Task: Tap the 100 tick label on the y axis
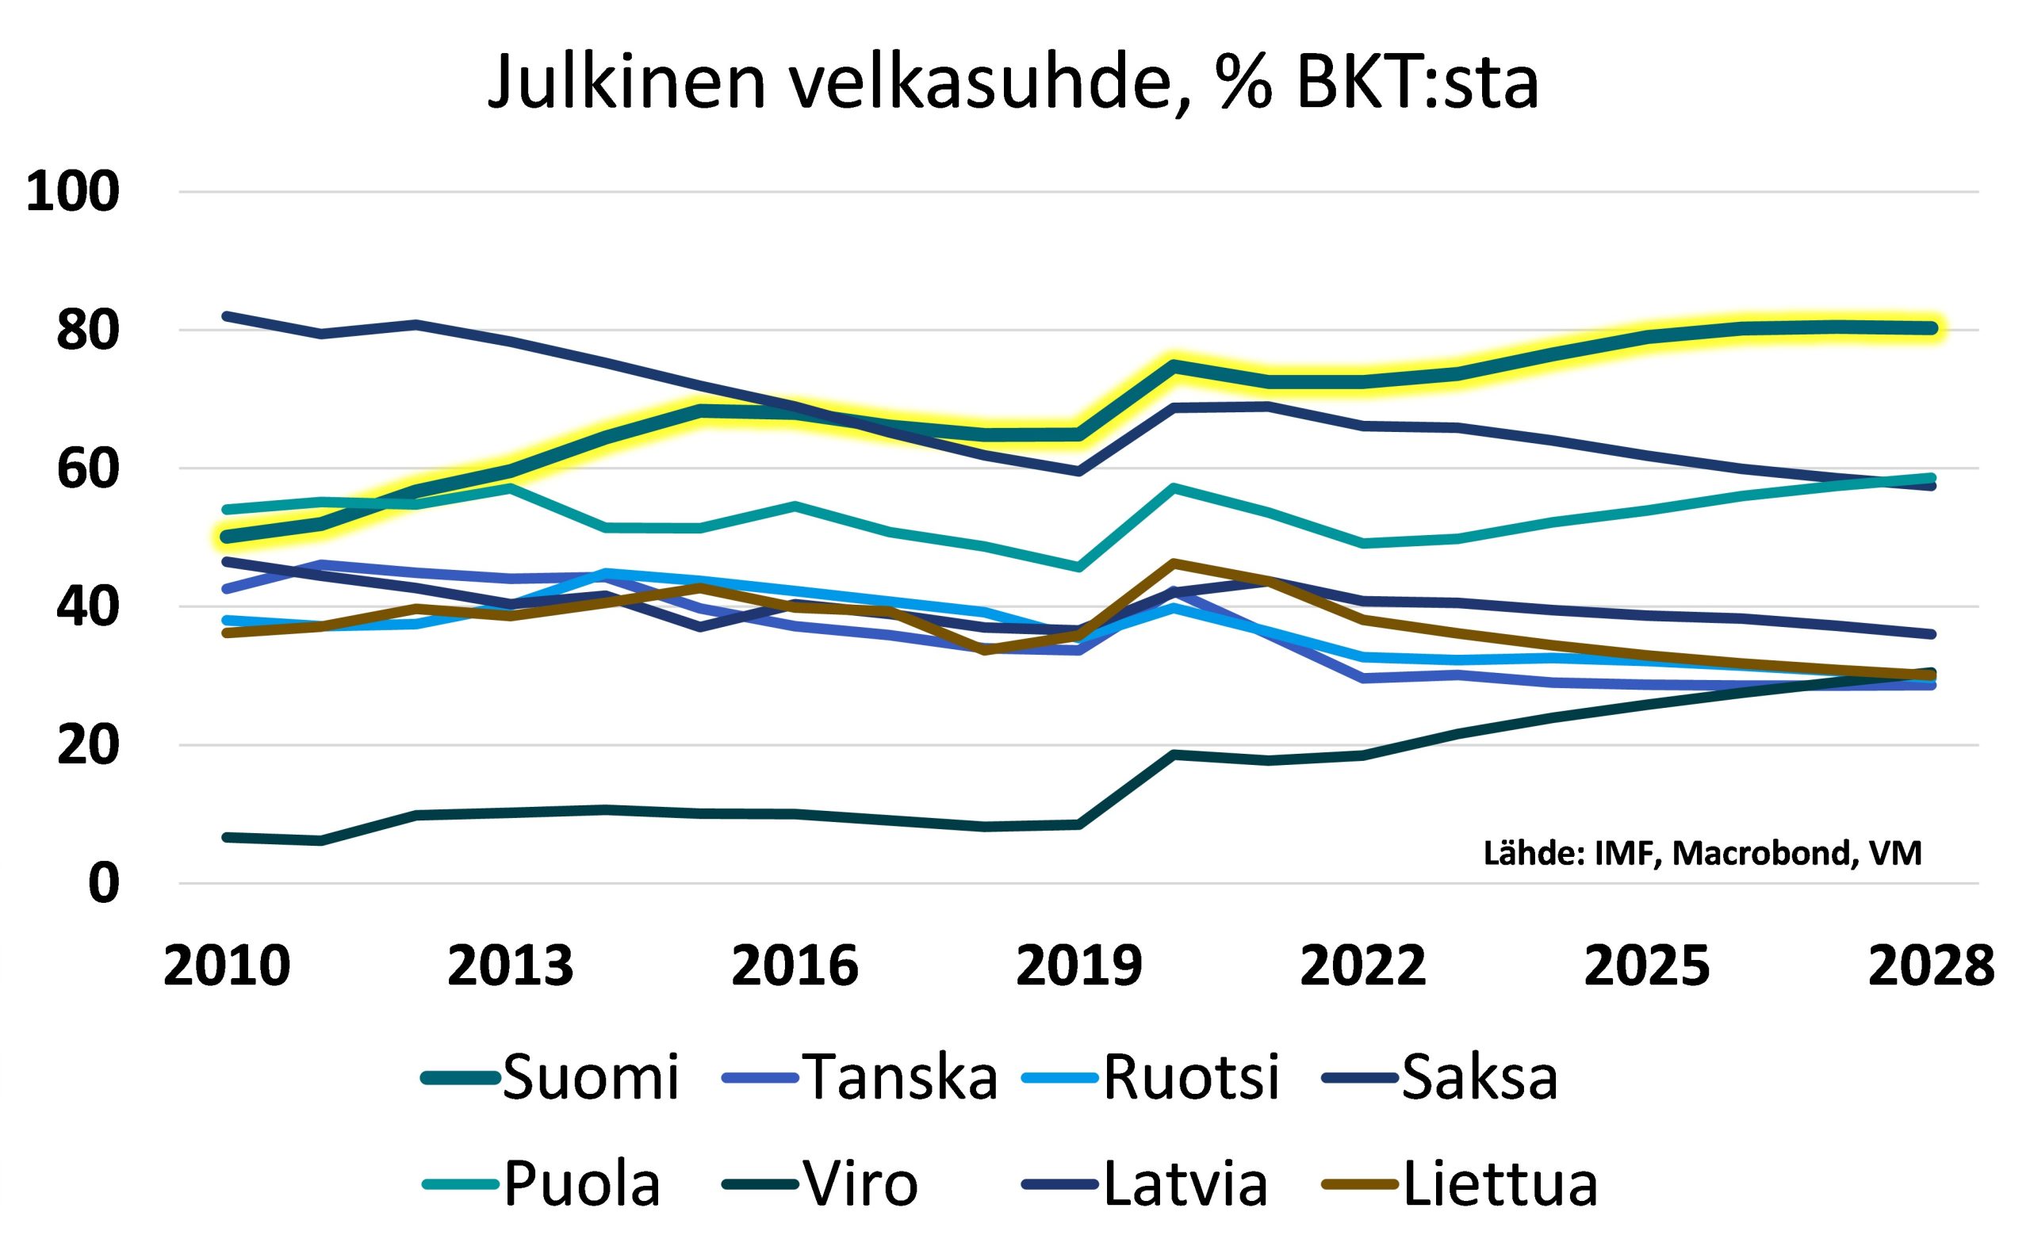(x=73, y=193)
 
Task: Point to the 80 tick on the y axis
(x=88, y=331)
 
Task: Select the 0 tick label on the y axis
(x=104, y=884)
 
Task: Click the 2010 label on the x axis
(x=227, y=967)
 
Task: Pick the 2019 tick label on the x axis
(x=1078, y=967)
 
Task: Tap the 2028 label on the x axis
(x=1930, y=967)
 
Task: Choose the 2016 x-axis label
(x=794, y=967)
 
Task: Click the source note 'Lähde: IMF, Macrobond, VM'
(x=1703, y=854)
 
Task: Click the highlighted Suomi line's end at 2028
(x=1930, y=328)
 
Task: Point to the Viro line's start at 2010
(x=227, y=838)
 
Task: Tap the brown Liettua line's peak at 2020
(x=1173, y=563)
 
